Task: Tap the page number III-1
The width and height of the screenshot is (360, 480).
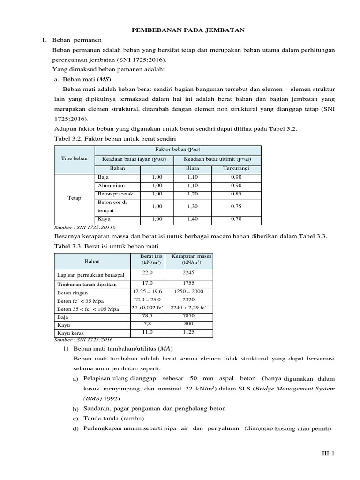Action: [x=327, y=453]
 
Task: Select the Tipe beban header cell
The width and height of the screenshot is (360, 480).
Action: [x=75, y=158]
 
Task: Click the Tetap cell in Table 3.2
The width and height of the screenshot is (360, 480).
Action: [x=75, y=198]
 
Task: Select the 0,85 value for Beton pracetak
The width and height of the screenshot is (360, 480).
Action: [x=237, y=194]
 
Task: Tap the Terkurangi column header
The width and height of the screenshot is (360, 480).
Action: [x=237, y=168]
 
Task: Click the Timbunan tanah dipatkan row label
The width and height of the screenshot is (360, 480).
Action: [x=87, y=284]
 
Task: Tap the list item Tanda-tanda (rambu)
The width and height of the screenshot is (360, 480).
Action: [x=113, y=418]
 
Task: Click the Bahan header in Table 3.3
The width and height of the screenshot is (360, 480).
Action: [x=92, y=261]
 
